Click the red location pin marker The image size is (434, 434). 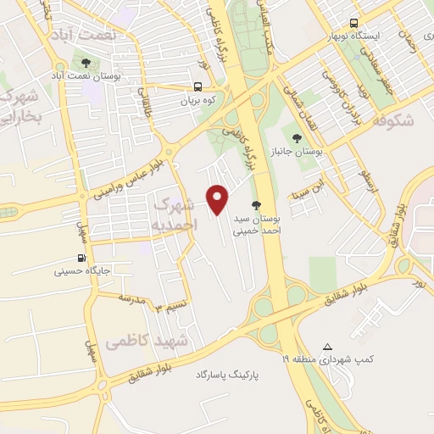click(219, 198)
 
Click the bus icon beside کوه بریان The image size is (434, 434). click(198, 86)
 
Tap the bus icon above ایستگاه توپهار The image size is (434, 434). click(353, 24)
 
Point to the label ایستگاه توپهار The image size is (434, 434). click(358, 37)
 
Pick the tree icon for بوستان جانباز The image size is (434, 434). click(295, 137)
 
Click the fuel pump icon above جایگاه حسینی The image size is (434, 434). click(81, 258)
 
